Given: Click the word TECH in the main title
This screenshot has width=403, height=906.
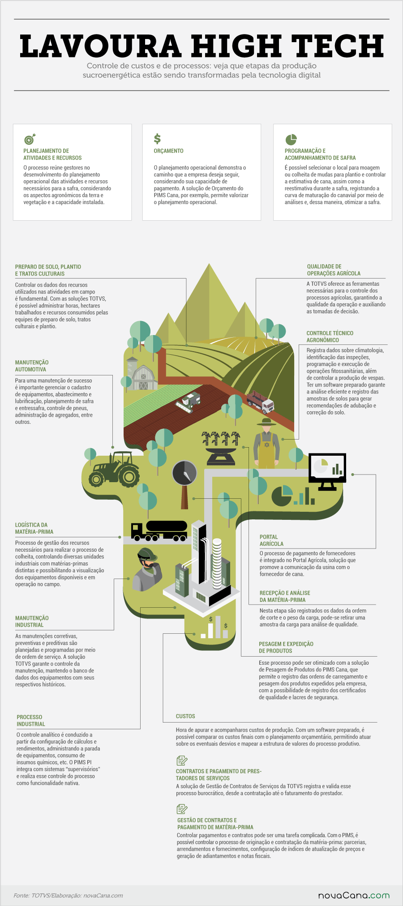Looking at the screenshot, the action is [x=338, y=46].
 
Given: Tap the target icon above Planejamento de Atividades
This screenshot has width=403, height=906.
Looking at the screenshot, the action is [x=30, y=139].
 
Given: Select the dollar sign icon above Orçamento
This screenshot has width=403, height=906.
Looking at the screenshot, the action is [x=157, y=139].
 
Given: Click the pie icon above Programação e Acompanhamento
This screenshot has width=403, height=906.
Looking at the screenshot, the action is [x=291, y=139].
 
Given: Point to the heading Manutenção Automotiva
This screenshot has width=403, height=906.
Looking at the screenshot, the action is [x=32, y=366].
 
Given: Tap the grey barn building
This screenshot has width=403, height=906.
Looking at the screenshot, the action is [x=142, y=374].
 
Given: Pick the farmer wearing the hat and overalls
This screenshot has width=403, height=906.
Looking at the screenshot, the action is [x=266, y=444].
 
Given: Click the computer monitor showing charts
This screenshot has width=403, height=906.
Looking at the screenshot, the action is [x=327, y=471].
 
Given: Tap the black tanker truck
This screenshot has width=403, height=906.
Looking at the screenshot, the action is [x=159, y=531].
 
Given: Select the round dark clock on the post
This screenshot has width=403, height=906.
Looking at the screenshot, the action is [x=184, y=473].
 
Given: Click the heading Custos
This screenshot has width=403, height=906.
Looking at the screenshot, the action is [x=185, y=716].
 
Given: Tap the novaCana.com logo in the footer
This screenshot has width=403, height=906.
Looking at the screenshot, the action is [x=354, y=895].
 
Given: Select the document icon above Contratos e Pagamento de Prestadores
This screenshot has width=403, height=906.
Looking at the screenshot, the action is [x=182, y=760].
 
